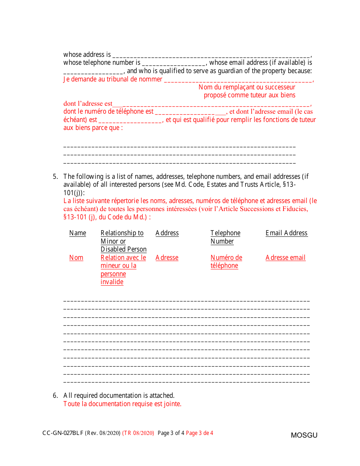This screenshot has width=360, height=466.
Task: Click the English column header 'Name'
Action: tap(77, 233)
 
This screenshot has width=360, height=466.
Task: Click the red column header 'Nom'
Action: tap(76, 258)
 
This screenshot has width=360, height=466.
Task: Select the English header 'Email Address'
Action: tap(286, 233)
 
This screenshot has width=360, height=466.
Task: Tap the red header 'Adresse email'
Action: tap(285, 258)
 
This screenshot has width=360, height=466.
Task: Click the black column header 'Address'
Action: tap(167, 233)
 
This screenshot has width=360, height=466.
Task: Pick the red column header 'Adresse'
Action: tap(167, 258)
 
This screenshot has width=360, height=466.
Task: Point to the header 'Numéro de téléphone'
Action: tap(226, 261)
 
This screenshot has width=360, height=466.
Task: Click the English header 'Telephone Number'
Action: tap(225, 237)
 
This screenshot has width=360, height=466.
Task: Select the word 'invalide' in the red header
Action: tap(112, 282)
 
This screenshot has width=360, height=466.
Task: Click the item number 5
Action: tap(55, 177)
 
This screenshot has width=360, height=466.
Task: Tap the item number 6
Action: tap(55, 396)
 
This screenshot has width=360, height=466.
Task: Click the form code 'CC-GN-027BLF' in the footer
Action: tap(63, 433)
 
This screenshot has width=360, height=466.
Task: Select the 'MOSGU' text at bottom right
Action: tap(304, 435)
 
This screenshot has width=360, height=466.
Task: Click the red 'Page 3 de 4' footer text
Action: tap(199, 433)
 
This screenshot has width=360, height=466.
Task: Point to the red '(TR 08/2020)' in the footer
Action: tap(138, 433)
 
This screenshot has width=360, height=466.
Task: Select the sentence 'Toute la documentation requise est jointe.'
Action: tap(122, 404)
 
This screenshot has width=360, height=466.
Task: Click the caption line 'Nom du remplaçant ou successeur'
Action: tap(247, 87)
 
